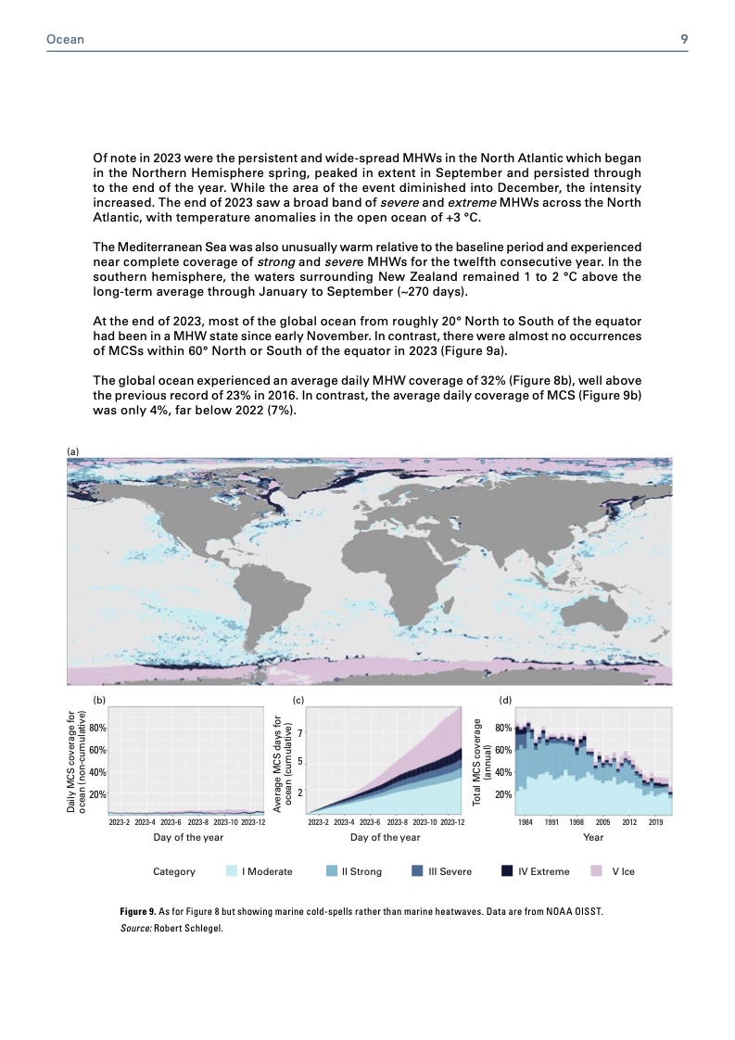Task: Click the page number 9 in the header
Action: [683, 40]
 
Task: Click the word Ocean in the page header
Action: [66, 40]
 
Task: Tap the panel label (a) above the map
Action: [73, 450]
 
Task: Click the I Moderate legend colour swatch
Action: [233, 871]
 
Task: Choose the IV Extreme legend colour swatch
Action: [508, 871]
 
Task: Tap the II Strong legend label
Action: [361, 871]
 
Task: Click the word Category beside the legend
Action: [174, 871]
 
